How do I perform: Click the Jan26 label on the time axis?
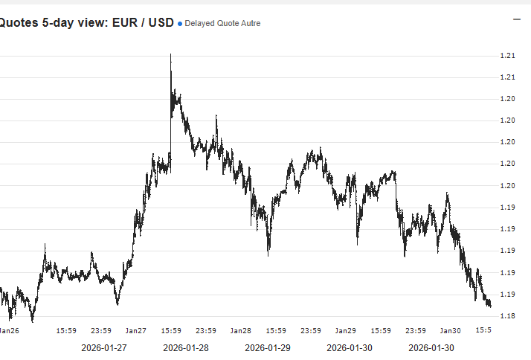click(x=8, y=330)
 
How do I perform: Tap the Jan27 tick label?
click(x=135, y=330)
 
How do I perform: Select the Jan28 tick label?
click(x=240, y=330)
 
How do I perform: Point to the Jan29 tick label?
click(x=345, y=330)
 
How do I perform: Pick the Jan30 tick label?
click(x=450, y=330)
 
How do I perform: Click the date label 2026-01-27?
click(x=104, y=347)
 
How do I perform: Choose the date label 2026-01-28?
click(x=186, y=347)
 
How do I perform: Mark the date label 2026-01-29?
click(x=268, y=347)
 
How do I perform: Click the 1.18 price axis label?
click(x=508, y=316)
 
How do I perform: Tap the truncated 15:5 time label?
click(x=482, y=330)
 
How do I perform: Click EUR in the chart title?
click(x=125, y=23)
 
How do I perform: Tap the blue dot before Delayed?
click(x=180, y=24)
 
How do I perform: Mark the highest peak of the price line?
click(x=171, y=54)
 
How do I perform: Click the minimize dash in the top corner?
click(x=517, y=19)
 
